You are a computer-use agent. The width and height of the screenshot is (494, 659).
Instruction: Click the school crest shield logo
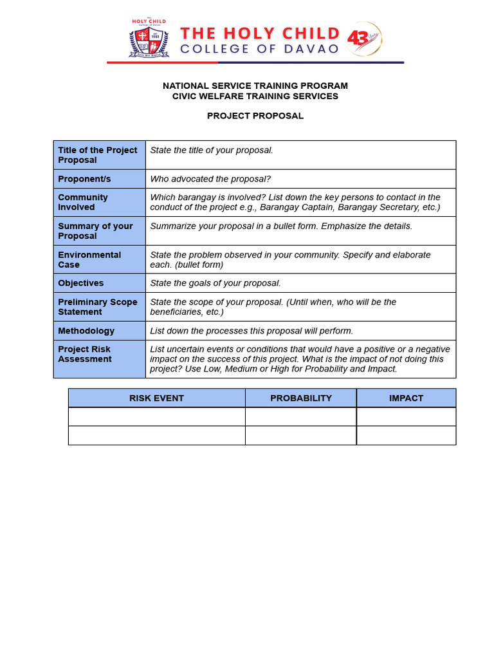149,41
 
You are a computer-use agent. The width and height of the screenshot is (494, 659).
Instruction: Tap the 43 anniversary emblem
364,39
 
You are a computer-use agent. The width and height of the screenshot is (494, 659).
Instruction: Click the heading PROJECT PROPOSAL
255,116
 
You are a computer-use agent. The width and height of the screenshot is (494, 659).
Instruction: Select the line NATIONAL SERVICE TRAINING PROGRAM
255,86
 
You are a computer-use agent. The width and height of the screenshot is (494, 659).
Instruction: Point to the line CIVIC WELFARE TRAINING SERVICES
255,96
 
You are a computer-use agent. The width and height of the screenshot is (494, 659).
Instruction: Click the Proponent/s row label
84,179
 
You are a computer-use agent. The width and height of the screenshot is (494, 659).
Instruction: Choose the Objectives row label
80,283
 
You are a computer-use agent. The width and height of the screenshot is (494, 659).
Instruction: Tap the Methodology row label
86,331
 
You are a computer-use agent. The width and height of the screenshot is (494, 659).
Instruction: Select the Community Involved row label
83,202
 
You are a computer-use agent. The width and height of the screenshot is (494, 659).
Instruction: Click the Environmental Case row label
89,259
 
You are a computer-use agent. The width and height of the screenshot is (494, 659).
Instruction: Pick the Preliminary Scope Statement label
98,307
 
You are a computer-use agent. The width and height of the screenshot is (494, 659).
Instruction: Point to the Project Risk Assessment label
84,354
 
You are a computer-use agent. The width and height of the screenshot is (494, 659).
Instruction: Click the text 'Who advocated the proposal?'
210,179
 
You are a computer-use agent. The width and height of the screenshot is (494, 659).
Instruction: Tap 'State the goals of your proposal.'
215,283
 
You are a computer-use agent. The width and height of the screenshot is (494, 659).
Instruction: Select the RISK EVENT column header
156,398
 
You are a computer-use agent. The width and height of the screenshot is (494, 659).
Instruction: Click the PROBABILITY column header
300,398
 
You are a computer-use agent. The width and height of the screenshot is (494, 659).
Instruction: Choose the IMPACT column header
406,398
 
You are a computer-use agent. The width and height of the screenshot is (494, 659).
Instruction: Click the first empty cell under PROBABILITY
300,417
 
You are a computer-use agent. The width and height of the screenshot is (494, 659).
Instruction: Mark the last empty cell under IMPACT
406,436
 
